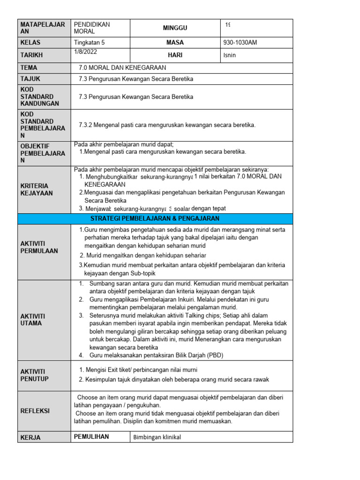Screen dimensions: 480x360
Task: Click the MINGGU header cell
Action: point(175,28)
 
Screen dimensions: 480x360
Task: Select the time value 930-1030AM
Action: point(240,43)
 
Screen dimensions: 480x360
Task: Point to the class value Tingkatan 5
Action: point(90,43)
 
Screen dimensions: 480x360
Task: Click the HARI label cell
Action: point(175,55)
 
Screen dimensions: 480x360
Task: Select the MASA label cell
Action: point(175,43)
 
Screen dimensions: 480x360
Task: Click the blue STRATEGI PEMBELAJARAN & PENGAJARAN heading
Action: point(155,219)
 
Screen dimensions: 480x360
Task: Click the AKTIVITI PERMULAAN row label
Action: point(39,247)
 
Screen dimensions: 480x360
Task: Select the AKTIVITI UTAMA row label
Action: point(33,320)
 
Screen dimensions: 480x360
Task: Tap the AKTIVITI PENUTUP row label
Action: point(34,375)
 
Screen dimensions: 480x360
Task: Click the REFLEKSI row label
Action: point(35,411)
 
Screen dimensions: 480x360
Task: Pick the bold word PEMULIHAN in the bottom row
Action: point(91,437)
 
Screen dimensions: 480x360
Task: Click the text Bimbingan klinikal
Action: point(157,437)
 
